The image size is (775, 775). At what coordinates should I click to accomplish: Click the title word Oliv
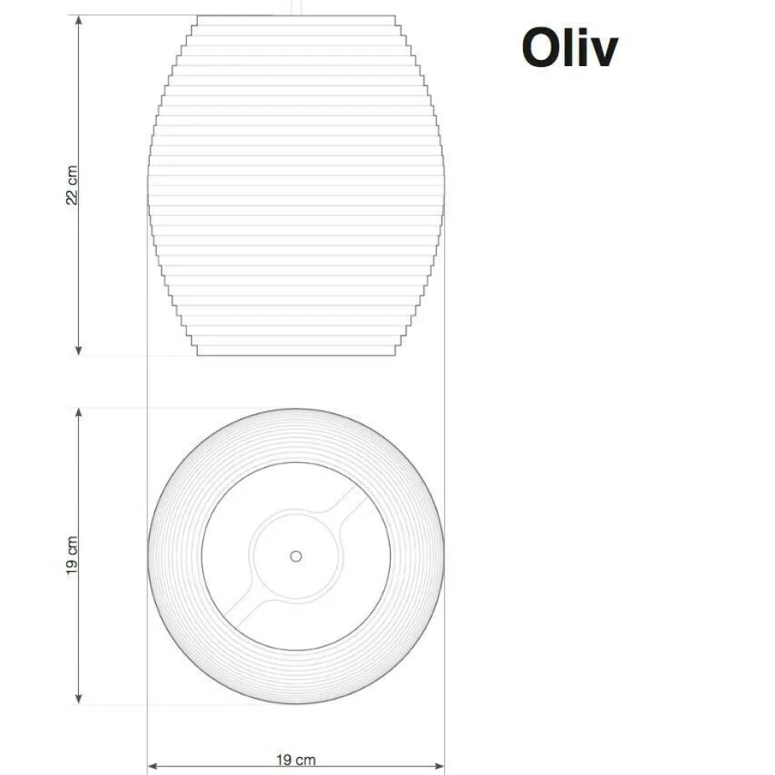coord(569,49)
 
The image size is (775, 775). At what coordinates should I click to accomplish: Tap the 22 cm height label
coord(72,186)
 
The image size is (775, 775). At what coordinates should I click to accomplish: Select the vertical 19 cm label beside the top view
coord(72,555)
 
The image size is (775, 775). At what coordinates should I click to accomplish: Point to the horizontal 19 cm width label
coord(296,759)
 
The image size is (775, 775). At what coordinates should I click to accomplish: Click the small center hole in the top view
coord(295,556)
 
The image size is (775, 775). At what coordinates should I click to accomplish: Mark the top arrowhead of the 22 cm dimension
coord(78,20)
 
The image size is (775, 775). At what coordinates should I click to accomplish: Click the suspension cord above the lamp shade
coord(296,7)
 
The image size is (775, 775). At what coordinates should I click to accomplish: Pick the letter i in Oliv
coord(583,49)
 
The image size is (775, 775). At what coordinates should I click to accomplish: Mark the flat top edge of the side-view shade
coord(295,16)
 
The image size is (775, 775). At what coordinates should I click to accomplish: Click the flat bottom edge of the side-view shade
coord(295,355)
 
